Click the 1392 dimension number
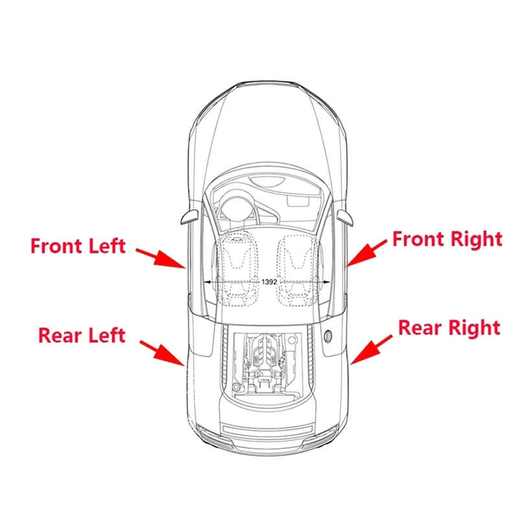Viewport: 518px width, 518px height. [x=269, y=283]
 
